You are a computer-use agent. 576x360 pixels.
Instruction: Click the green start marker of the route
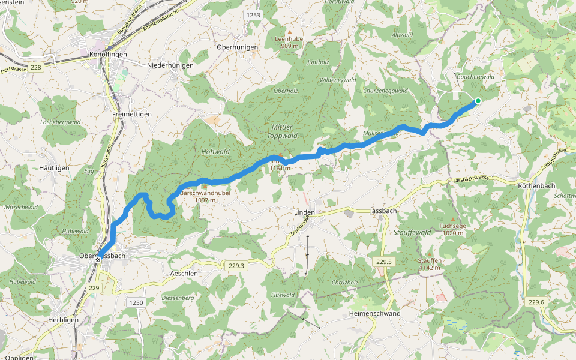click(478, 101)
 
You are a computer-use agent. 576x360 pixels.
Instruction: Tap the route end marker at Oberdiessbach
click(97, 260)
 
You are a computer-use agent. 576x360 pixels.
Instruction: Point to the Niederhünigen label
click(170, 65)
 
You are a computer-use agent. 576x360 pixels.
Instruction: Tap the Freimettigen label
click(131, 113)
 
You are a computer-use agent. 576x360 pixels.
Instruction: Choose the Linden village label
click(304, 212)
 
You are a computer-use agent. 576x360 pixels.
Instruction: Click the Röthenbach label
click(536, 186)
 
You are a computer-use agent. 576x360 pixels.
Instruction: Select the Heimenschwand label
click(374, 313)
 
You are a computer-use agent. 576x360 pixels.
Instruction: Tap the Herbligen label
click(64, 320)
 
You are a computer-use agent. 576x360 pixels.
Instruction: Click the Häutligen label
click(54, 168)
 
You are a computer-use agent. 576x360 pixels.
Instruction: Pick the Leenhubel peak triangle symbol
click(290, 32)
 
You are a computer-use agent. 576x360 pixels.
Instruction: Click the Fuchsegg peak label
click(452, 226)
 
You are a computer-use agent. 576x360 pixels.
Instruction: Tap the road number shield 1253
click(253, 14)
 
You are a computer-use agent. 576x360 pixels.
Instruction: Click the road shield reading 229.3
click(237, 266)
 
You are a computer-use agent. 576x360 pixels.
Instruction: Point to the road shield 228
click(36, 67)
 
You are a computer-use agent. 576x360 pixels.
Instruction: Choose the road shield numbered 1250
click(136, 302)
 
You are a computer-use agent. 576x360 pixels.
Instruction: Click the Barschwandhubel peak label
click(205, 193)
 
